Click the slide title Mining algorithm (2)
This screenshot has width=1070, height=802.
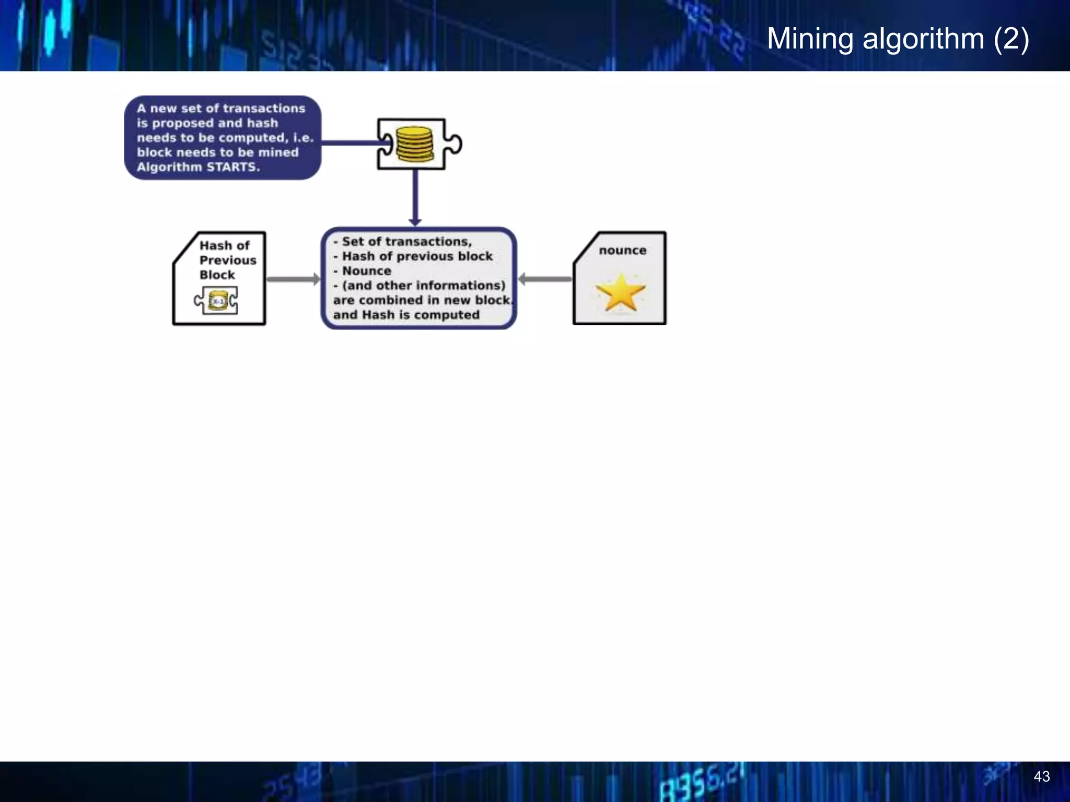point(898,39)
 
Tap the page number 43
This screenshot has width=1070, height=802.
point(1041,776)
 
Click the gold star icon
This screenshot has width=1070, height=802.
point(620,293)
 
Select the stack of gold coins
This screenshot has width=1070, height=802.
point(414,144)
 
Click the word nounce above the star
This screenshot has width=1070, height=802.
point(622,251)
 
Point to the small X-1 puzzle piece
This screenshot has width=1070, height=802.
point(216,301)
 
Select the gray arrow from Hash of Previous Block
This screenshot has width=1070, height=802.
point(293,279)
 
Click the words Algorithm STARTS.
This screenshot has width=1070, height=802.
point(198,167)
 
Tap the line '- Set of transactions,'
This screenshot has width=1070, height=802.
point(403,242)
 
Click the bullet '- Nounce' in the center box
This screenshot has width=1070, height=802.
point(363,271)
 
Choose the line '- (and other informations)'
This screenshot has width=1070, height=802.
point(420,286)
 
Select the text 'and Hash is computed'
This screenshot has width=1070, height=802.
point(406,315)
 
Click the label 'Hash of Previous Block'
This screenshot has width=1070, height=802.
point(227,260)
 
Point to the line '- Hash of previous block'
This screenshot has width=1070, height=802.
point(413,256)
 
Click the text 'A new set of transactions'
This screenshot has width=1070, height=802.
point(220,109)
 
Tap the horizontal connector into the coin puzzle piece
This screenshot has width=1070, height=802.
point(349,142)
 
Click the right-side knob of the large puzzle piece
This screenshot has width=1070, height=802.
point(455,144)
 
